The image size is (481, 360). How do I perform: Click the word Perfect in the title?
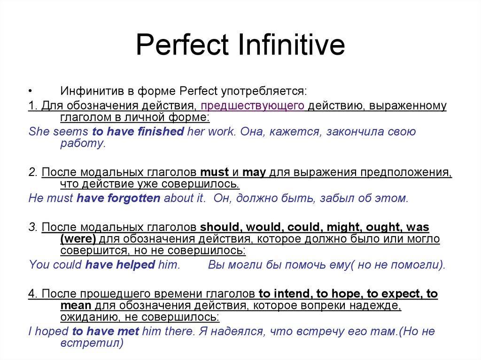pos(182,45)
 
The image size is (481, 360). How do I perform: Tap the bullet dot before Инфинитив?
pos(30,91)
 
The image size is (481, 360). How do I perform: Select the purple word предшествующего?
pos(252,106)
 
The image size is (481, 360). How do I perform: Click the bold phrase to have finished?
pos(138,131)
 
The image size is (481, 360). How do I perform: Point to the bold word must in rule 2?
pos(214,172)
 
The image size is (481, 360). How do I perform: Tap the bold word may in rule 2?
pos(254,172)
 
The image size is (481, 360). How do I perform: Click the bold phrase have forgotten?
pos(118,198)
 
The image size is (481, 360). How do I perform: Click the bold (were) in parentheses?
pos(78,238)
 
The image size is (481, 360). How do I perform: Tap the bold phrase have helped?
pos(120,265)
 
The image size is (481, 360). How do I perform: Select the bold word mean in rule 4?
pos(76,306)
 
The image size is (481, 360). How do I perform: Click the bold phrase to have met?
pos(106,331)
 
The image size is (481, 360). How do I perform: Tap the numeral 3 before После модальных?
pos(32,227)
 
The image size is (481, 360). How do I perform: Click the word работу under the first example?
pos(83,143)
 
